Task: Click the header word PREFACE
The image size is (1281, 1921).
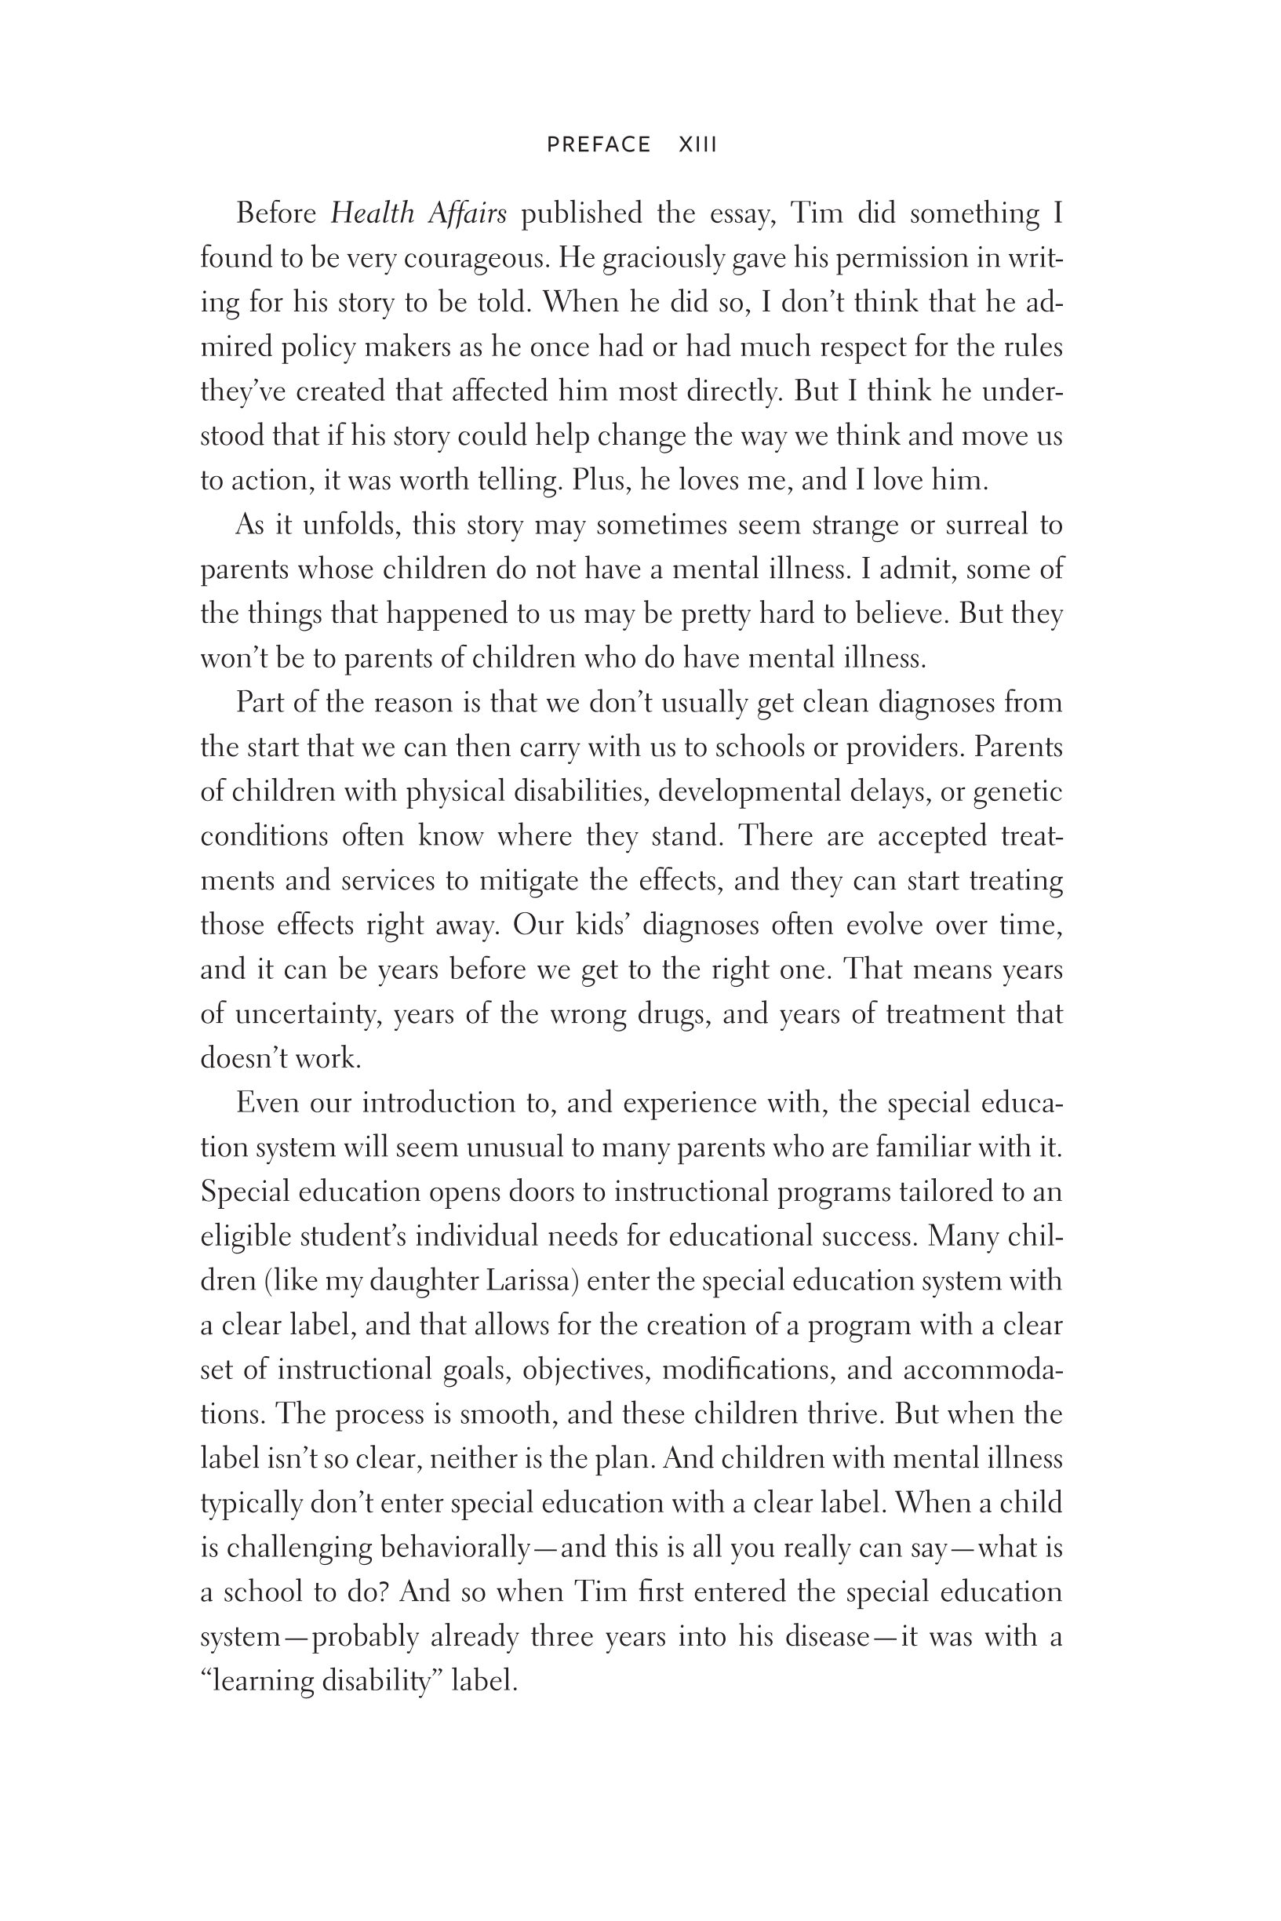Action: click(x=598, y=144)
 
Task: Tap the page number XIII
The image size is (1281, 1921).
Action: click(x=697, y=144)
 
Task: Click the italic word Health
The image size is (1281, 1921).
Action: click(x=372, y=213)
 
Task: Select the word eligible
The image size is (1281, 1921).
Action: click(x=245, y=1235)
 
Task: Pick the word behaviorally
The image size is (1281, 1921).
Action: click(x=456, y=1548)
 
